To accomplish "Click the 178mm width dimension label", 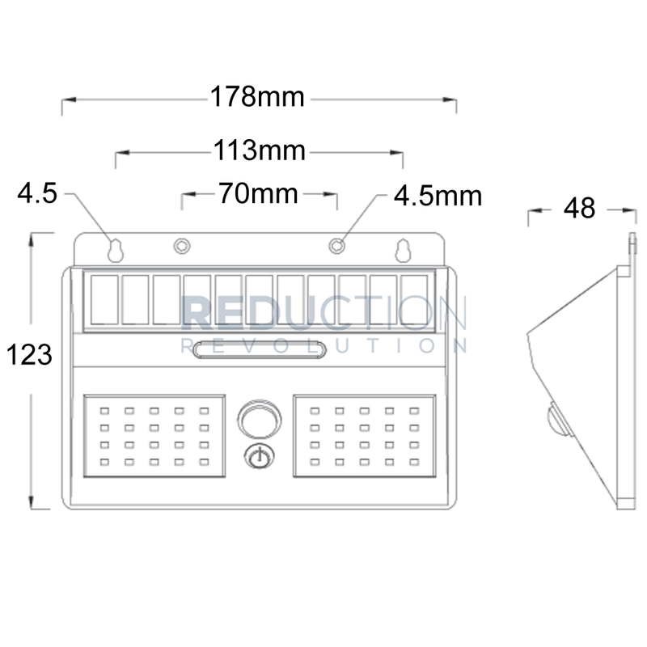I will tap(258, 98).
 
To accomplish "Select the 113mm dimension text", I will tap(259, 150).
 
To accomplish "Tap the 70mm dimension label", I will tap(258, 194).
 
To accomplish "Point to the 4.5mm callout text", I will tap(438, 195).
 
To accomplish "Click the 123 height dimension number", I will tap(28, 354).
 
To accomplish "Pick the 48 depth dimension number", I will tap(579, 209).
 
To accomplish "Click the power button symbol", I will tap(258, 458).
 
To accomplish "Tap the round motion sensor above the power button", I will tap(258, 420).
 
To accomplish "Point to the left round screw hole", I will tap(182, 244).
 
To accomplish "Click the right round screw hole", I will tap(336, 244).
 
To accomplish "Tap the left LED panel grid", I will tap(154, 436).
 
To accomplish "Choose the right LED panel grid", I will tap(364, 436).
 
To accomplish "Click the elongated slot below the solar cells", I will tap(259, 349).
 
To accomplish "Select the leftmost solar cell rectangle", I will tap(104, 300).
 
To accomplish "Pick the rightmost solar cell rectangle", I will tap(413, 300).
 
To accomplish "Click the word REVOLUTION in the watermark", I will tap(323, 347).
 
